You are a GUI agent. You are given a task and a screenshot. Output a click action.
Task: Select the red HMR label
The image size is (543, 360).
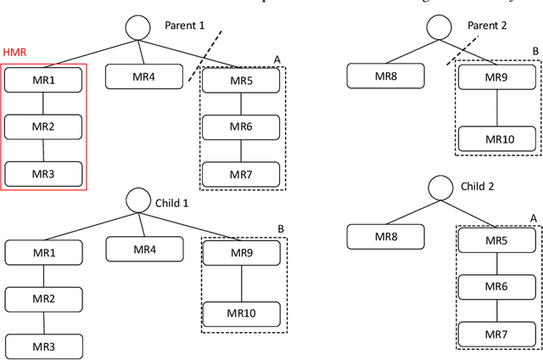click(14, 52)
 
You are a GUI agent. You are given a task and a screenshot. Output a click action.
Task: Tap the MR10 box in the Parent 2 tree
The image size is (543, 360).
click(498, 138)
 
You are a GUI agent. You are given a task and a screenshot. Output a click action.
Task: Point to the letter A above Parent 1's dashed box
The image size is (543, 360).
click(277, 59)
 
